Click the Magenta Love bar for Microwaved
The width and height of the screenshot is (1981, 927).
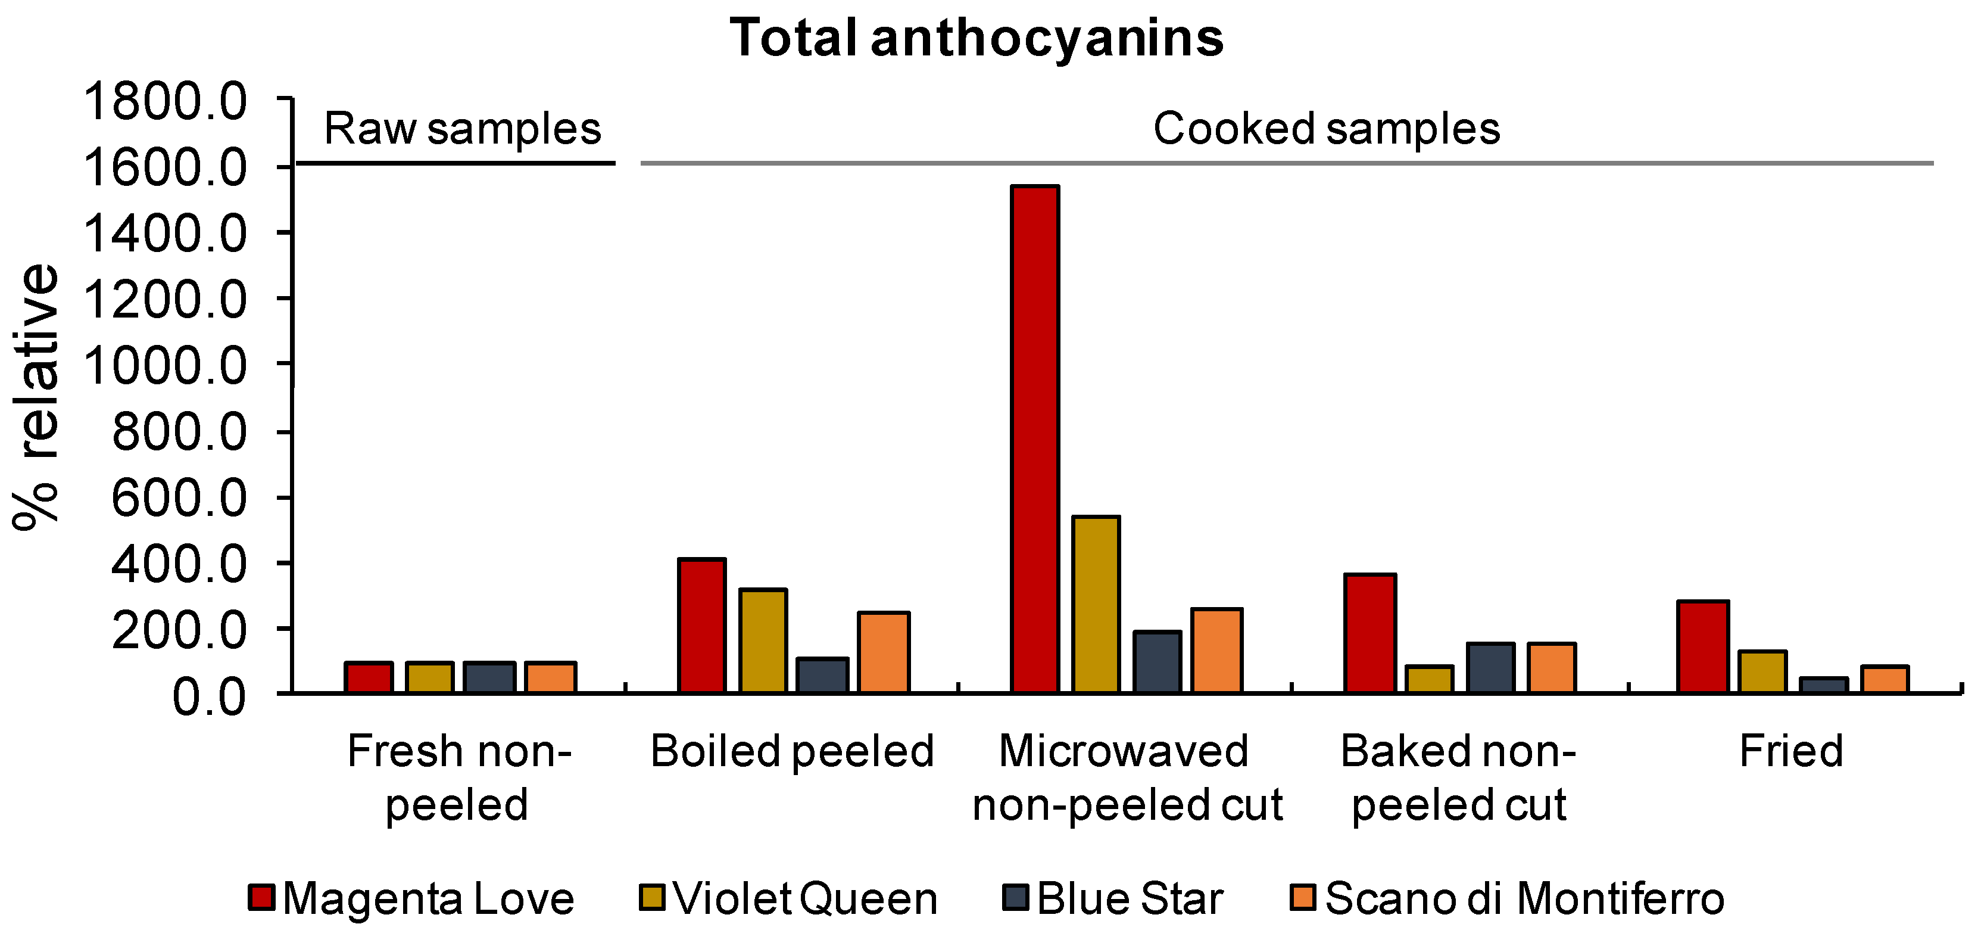1035,438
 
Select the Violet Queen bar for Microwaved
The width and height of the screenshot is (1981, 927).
1096,604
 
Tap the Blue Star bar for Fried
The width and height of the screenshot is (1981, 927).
1823,685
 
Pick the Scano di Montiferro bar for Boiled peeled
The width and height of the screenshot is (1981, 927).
884,652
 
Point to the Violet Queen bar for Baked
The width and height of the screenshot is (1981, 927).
1430,679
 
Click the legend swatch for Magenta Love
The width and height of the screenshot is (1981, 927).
261,897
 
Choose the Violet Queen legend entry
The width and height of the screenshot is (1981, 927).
804,898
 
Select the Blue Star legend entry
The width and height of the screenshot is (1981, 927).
1129,898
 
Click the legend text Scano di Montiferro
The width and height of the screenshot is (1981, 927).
1524,898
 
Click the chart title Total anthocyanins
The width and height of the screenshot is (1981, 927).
977,37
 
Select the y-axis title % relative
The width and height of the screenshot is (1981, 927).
35,396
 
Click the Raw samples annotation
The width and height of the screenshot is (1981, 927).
462,129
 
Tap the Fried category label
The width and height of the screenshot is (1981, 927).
1791,751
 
